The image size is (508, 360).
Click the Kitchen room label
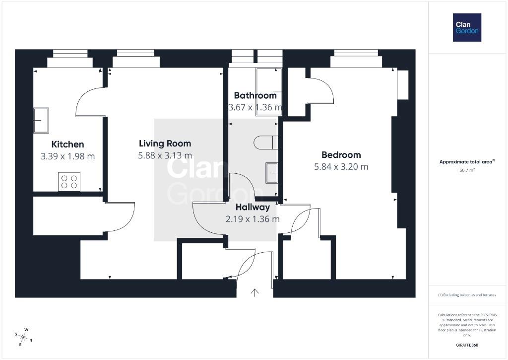coord(67,144)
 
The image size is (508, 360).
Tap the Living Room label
coord(165,144)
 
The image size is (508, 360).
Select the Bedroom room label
coord(341,155)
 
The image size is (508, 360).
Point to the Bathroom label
coord(255,95)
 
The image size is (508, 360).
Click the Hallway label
coord(253,207)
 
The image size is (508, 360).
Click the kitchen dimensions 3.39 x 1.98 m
coord(67,156)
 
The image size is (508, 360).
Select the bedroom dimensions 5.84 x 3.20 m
coord(341,167)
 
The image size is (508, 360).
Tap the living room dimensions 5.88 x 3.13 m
coord(165,155)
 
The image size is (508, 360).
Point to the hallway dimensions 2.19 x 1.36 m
coord(253,219)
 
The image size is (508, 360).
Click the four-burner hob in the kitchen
coord(69,182)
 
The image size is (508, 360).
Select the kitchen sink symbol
coord(41,120)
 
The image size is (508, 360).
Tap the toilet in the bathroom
coord(266,143)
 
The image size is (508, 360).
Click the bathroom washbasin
coord(272,173)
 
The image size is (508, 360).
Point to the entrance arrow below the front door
coord(254,292)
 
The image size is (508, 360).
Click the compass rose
coord(23,337)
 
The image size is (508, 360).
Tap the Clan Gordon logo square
coord(467,28)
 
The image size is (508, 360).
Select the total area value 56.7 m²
coord(467,170)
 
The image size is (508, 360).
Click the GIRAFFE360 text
coord(467,345)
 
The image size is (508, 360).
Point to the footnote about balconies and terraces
coord(467,295)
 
